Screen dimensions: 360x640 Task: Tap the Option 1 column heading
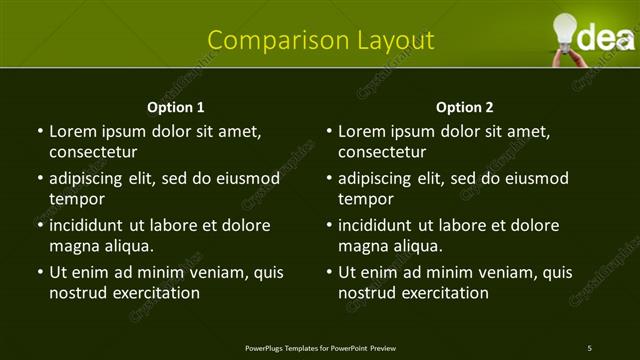pyautogui.click(x=176, y=107)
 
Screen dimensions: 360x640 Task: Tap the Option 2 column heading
pyautogui.click(x=465, y=107)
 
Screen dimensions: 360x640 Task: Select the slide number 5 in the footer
pyautogui.click(x=590, y=348)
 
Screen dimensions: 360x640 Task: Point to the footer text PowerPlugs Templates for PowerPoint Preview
pyautogui.click(x=320, y=348)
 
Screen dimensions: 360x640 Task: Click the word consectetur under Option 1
pyautogui.click(x=93, y=152)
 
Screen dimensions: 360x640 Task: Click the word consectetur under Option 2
pyautogui.click(x=382, y=152)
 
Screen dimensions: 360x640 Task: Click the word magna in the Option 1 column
pyautogui.click(x=73, y=246)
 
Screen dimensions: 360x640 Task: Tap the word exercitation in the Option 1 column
pyautogui.click(x=153, y=293)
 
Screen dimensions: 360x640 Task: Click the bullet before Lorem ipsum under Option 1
pyautogui.click(x=39, y=131)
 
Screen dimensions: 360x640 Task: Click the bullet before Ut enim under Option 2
pyautogui.click(x=328, y=272)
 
